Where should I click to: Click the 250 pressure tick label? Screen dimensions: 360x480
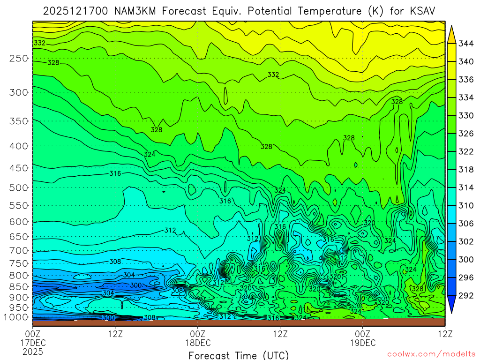point(18,58)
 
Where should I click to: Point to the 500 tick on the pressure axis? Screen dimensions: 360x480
point(18,187)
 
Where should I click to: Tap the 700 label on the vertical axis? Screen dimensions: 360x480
point(18,250)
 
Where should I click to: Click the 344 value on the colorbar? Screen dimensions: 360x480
point(465,44)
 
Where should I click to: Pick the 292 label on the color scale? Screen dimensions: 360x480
point(465,295)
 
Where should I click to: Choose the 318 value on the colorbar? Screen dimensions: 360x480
point(465,169)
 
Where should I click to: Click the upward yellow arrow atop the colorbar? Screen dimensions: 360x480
point(452,34)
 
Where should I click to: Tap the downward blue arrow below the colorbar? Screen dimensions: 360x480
point(452,304)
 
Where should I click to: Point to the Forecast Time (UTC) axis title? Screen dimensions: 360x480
point(239,355)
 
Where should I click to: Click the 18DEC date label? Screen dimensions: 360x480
point(198,343)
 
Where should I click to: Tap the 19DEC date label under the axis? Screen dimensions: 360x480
point(363,343)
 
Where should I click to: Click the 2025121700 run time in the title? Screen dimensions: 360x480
point(75,11)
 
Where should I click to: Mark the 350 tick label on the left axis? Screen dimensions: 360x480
point(18,121)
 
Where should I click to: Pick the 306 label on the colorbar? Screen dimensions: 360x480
point(465,223)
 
